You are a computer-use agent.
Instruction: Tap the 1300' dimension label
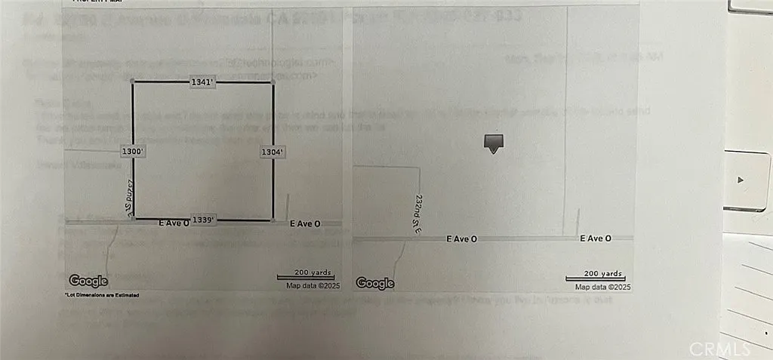[132, 152]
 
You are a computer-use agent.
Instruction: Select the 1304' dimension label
[271, 152]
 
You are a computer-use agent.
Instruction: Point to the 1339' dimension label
[204, 220]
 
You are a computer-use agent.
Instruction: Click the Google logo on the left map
[89, 281]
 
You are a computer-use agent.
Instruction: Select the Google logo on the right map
[375, 283]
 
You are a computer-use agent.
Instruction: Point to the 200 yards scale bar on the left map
[306, 275]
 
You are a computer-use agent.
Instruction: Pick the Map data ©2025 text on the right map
[602, 287]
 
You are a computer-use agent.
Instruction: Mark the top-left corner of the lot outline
[134, 82]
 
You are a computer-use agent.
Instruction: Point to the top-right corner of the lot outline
[272, 82]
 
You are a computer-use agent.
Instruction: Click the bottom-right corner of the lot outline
[272, 220]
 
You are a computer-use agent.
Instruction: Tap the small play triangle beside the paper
[741, 180]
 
